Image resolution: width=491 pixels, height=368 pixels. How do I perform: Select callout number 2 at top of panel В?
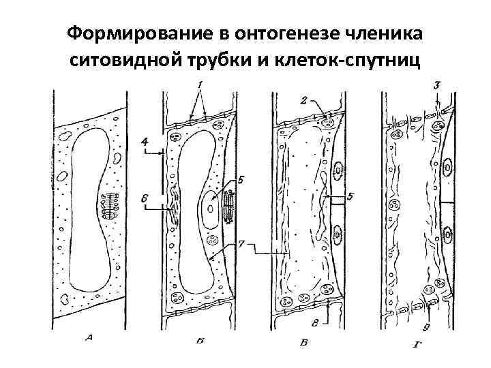pos(303,101)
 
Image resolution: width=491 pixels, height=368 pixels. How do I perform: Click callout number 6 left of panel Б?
pos(144,197)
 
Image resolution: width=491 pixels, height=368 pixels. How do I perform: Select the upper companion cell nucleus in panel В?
pos(340,169)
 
